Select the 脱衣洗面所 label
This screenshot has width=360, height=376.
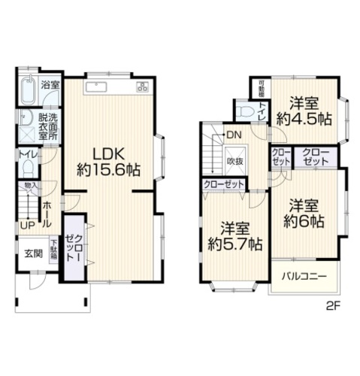tap(48, 129)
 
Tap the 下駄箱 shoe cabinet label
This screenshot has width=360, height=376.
tap(54, 250)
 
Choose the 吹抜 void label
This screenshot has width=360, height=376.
tap(234, 161)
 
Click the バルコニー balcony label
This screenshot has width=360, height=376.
tap(304, 277)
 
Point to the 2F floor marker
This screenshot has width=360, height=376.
tap(333, 307)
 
